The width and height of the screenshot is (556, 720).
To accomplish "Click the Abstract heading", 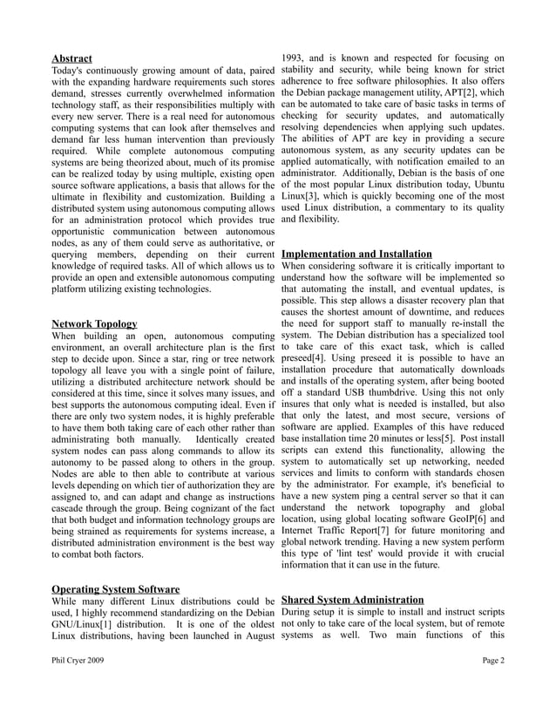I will pyautogui.click(x=72, y=58).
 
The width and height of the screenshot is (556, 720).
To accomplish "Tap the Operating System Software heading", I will pyautogui.click(x=115, y=589).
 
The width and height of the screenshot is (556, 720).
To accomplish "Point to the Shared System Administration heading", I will pyautogui.click(x=352, y=601).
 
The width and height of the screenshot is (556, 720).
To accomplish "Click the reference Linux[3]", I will pyautogui.click(x=299, y=196).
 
